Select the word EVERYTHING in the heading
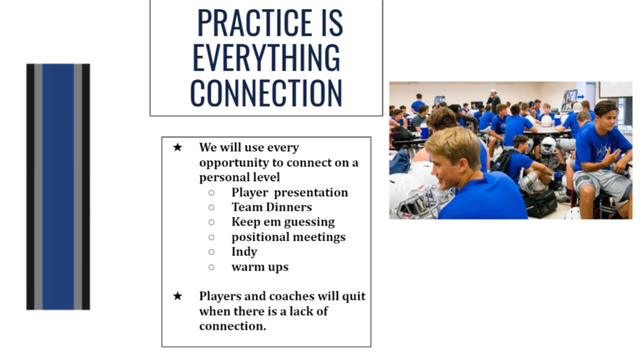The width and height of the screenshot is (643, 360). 266,57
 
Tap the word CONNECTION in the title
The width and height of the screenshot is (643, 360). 266,92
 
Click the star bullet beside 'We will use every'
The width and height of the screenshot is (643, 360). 178,147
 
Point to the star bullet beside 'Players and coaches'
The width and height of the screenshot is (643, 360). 178,296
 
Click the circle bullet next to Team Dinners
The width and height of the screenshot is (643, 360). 211,207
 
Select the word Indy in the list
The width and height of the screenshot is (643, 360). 244,252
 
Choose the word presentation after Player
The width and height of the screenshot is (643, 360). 310,192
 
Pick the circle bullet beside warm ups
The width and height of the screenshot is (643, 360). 211,268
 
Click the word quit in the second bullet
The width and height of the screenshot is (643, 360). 354,297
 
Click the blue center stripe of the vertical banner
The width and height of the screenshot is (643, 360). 58,186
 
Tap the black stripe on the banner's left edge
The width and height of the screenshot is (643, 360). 30,186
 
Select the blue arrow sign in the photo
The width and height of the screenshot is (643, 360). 581,97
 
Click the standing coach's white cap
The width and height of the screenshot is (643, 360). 493,92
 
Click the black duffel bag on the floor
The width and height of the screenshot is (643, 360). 541,203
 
